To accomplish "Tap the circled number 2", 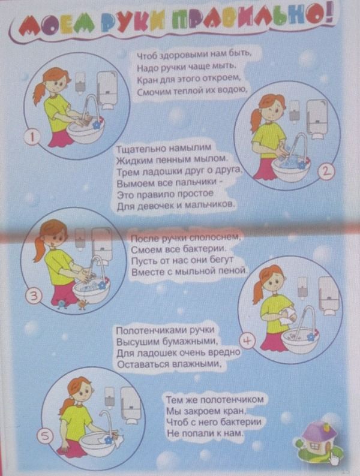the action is tap(325, 172).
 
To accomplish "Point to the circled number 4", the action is tap(247, 341).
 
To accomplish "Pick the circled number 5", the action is tap(44, 436).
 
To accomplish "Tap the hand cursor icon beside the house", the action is tap(334, 459).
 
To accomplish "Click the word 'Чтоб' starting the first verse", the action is tap(146, 56).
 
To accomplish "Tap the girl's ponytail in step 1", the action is tap(38, 93).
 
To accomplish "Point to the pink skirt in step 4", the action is tap(272, 341).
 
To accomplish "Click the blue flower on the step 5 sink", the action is tap(108, 439).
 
